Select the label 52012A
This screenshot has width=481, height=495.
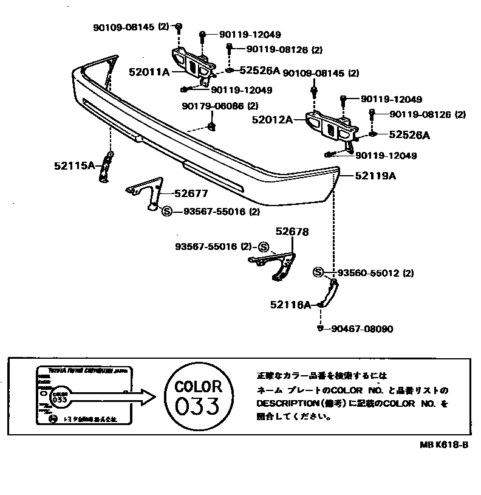tap(272, 120)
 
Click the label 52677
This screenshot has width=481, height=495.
tap(191, 194)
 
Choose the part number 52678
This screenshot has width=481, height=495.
tap(292, 232)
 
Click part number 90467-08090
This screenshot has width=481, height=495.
tap(362, 329)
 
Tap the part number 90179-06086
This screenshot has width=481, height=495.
tap(213, 106)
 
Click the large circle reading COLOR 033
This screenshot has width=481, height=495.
tap(198, 397)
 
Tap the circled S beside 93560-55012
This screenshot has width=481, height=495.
tap(319, 272)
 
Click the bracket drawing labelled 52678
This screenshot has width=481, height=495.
tap(276, 265)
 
